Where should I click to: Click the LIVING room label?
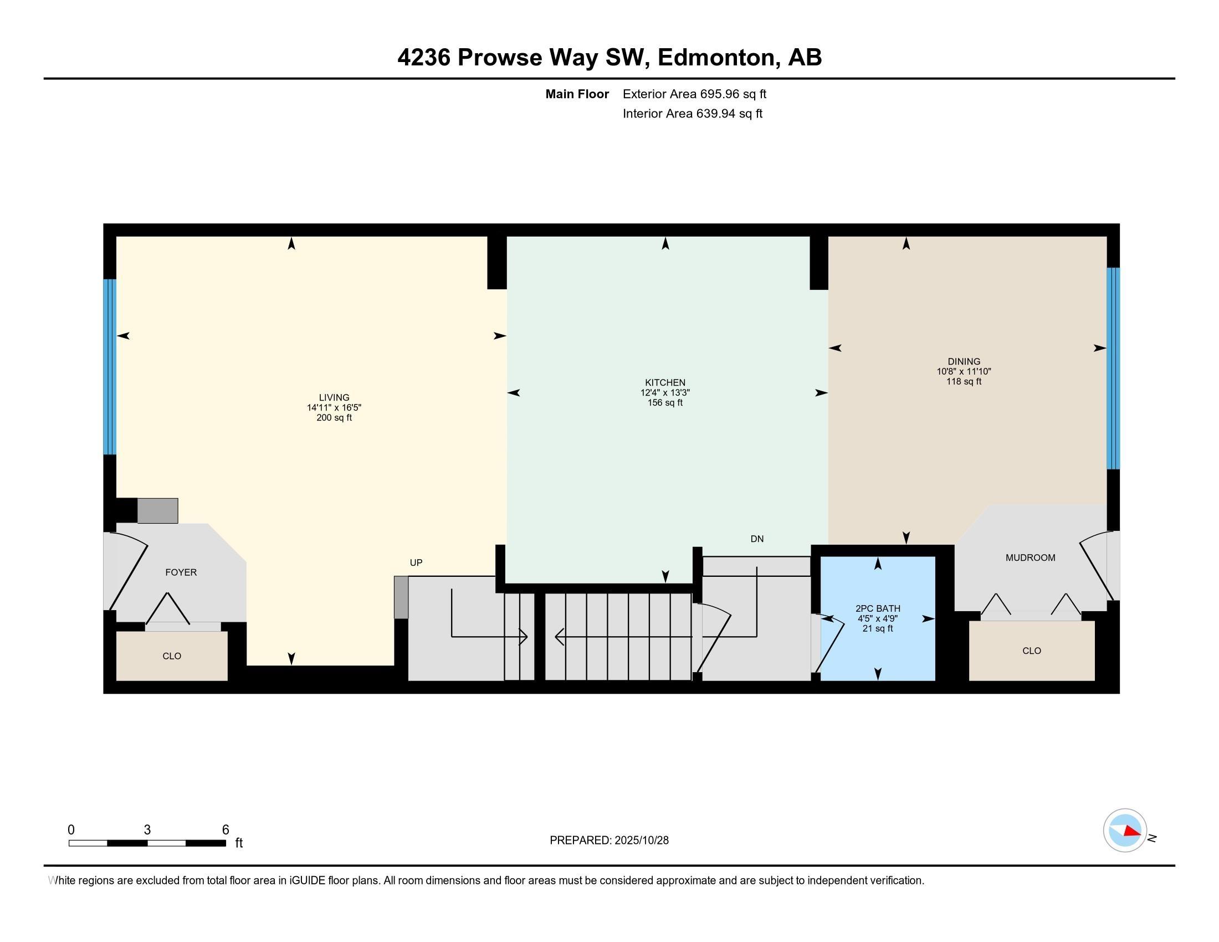click(x=334, y=397)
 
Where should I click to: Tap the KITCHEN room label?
click(x=665, y=382)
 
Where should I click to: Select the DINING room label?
click(x=964, y=361)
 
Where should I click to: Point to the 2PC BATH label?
click(x=878, y=608)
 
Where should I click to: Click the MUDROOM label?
click(x=1031, y=557)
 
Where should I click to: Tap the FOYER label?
click(x=181, y=572)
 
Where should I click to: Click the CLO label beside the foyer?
click(x=172, y=656)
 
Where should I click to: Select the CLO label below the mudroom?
click(x=1032, y=651)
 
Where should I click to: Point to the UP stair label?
click(x=416, y=562)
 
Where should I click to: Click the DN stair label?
click(x=757, y=539)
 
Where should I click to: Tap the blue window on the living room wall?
click(x=110, y=367)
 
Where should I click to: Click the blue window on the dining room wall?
click(x=1113, y=368)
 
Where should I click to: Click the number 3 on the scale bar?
click(x=147, y=830)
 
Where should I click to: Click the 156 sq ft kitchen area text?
click(x=665, y=402)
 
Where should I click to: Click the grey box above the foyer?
click(x=157, y=511)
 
